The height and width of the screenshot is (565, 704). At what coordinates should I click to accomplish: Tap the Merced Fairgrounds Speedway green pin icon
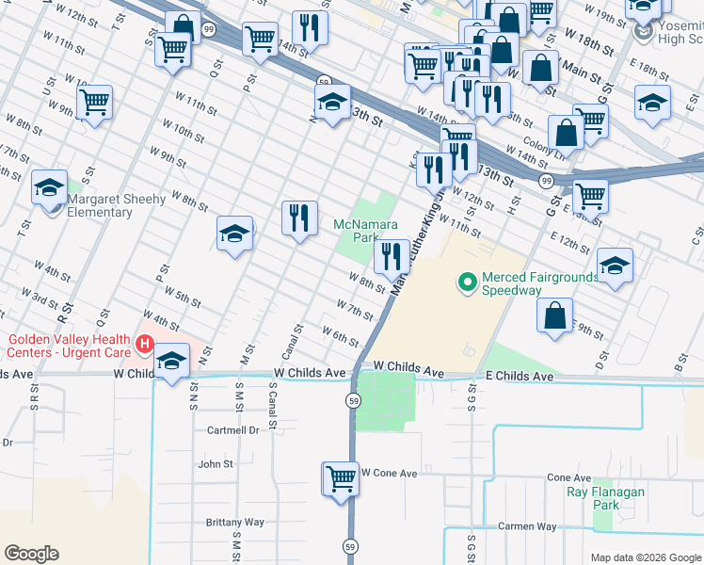(466, 282)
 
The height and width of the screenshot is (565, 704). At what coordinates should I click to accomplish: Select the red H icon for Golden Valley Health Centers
(144, 345)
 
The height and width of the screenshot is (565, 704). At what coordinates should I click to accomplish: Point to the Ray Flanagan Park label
(606, 498)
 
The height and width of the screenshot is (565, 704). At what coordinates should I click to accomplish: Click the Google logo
(31, 554)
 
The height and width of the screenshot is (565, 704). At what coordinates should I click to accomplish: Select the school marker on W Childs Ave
(171, 361)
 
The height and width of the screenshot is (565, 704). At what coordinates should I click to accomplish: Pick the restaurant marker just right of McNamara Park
(391, 254)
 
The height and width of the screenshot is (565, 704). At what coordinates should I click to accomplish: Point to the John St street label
(215, 464)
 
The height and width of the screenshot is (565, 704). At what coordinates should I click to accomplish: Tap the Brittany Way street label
(235, 522)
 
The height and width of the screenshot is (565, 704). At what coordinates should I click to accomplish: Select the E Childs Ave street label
(520, 376)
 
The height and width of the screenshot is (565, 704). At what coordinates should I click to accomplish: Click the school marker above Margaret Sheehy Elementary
(49, 186)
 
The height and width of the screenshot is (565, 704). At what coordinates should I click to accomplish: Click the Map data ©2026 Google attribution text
(646, 557)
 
